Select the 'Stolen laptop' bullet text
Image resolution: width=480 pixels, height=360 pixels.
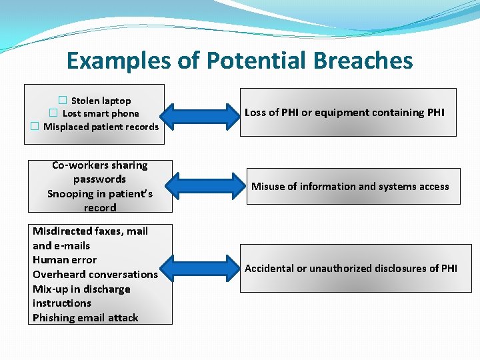tap(101, 101)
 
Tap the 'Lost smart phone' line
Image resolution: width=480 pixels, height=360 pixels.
tap(101, 113)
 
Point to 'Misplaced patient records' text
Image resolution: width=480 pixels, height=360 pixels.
tap(101, 127)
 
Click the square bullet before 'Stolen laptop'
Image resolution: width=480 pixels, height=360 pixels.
tap(62, 101)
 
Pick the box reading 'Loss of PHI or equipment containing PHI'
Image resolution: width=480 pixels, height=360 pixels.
tap(348, 113)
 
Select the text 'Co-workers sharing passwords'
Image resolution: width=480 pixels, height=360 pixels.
tap(100, 172)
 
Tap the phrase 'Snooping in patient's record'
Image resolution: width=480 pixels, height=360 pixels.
tap(100, 201)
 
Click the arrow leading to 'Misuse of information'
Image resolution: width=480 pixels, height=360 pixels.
tap(201, 186)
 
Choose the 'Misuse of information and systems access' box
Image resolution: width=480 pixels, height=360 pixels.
tap(350, 187)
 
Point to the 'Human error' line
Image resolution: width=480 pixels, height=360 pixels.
tap(65, 260)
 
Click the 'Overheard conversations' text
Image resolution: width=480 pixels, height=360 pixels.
tap(95, 275)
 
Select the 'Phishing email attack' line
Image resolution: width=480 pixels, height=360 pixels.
tap(85, 318)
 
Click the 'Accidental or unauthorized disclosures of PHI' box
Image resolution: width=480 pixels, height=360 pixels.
tap(351, 269)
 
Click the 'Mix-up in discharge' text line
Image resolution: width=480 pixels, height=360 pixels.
tap(81, 289)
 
